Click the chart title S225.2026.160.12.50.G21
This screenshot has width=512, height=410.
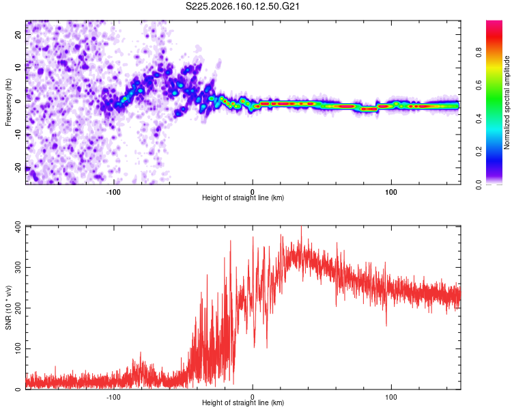pos(242,6)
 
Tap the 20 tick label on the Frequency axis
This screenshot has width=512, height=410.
pos(18,35)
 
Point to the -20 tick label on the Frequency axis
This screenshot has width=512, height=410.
pos(18,168)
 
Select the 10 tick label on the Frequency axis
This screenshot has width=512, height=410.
pos(18,68)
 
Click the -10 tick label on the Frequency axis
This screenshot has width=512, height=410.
pos(18,135)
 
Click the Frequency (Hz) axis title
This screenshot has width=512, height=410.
pos(8,102)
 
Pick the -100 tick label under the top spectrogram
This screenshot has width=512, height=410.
pos(113,192)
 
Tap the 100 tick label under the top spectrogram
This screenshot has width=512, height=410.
pos(391,192)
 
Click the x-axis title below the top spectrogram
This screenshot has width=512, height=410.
pos(243,197)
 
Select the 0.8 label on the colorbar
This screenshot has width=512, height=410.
pos(479,53)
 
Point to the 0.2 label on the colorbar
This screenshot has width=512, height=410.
pos(479,152)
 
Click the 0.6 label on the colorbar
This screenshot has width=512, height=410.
pos(479,85)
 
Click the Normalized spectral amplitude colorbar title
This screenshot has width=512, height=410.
pos(507,102)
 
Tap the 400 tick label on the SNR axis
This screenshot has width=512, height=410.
pos(18,227)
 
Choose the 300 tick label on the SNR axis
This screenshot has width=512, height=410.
pos(18,267)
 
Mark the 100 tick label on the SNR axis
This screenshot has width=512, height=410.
pos(18,349)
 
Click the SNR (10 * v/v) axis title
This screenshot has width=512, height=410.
pos(8,307)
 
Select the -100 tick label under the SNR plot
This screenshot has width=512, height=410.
pos(113,397)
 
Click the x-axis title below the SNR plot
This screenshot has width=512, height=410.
pos(243,402)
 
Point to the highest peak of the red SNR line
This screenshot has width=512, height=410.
pos(301,226)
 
